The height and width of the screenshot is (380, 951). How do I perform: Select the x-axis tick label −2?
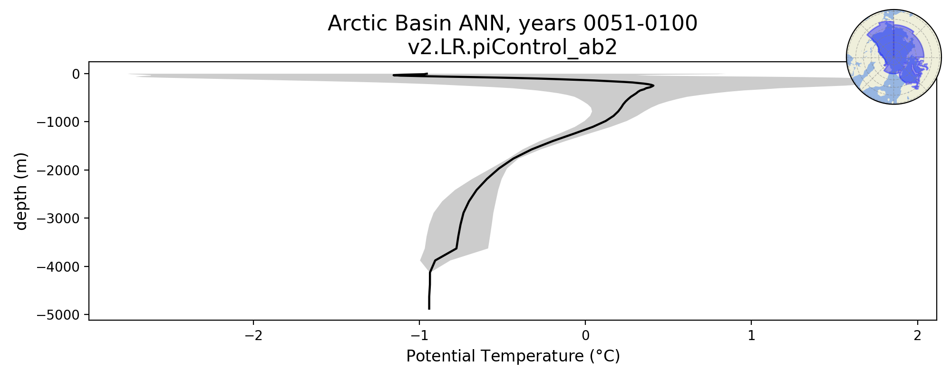(253, 335)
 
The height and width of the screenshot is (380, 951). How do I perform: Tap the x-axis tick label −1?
(419, 335)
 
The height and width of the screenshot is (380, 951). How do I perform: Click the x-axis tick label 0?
(585, 335)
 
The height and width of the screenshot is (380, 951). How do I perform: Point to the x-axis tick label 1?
(751, 335)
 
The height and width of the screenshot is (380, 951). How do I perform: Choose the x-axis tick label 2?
(917, 335)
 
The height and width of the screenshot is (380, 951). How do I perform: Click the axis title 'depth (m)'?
(21, 191)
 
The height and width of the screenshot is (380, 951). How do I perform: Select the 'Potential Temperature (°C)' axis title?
(513, 356)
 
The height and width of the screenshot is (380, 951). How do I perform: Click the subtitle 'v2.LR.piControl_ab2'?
(513, 47)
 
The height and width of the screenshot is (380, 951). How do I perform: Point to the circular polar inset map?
(894, 57)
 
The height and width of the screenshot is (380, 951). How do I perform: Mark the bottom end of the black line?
(429, 309)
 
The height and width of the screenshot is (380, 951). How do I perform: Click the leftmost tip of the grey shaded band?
(127, 74)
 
